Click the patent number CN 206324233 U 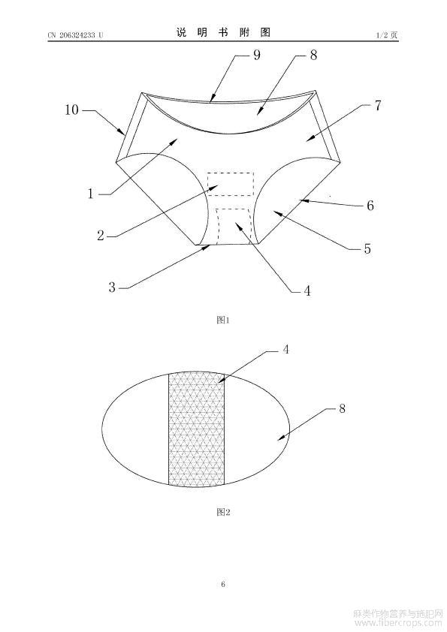75,35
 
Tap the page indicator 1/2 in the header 382,35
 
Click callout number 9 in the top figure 257,55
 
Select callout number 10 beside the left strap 72,110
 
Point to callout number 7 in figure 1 378,106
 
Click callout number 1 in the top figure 91,194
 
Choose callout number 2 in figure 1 101,236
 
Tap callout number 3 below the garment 112,287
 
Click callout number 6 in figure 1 370,206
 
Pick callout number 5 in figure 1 367,248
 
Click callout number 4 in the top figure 307,290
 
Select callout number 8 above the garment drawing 313,55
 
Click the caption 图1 223,320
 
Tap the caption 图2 223,512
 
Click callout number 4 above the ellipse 285,350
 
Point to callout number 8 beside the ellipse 342,408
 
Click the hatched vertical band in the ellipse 196,429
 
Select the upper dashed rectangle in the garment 231,184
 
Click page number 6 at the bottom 223,584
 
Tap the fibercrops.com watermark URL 397,624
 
